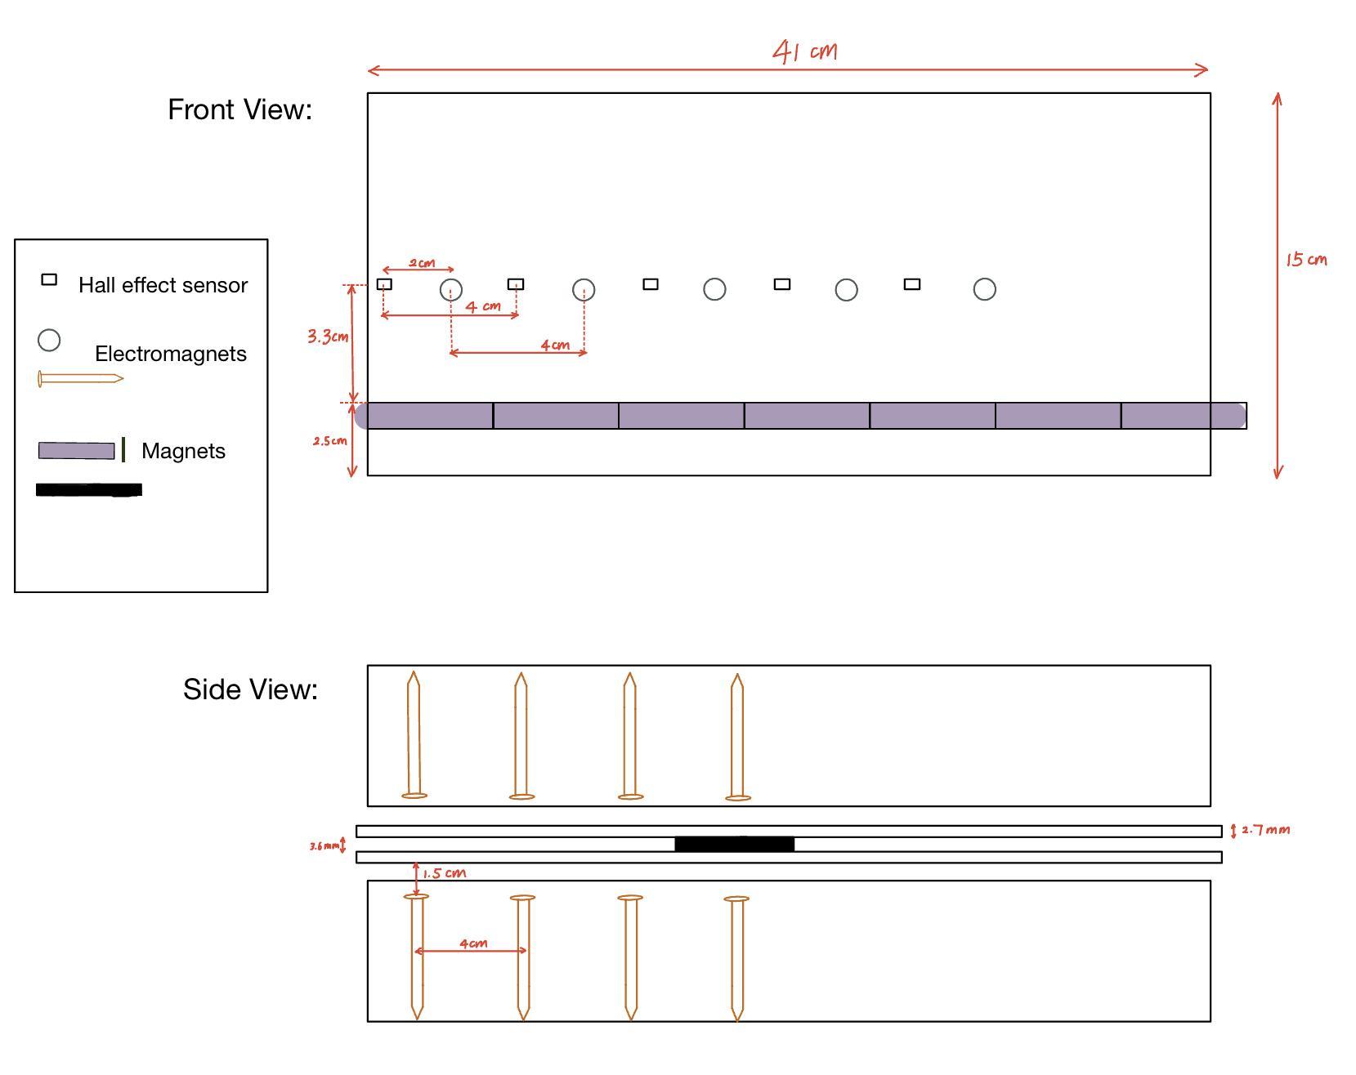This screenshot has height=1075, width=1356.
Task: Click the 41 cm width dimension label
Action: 805,51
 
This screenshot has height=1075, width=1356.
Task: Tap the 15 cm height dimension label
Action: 1306,260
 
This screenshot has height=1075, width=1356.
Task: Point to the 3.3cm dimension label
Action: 328,337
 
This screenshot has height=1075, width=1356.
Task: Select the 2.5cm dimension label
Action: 329,441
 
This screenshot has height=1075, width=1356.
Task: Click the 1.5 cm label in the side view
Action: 445,873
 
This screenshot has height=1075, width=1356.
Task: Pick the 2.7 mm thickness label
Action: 1265,830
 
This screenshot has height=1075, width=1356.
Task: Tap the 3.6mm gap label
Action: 324,846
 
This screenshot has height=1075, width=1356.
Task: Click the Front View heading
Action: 239,109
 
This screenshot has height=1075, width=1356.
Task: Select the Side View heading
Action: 250,689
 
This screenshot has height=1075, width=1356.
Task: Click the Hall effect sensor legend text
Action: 163,285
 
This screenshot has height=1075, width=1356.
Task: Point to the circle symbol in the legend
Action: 49,340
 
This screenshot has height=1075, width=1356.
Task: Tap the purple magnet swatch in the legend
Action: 76,451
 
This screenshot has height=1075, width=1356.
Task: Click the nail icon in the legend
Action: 80,379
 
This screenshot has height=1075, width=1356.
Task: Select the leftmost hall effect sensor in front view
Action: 384,284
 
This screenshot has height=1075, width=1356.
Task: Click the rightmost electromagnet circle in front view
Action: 984,289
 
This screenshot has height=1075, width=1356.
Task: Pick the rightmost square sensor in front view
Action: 912,284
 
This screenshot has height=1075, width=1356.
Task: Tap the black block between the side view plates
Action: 734,844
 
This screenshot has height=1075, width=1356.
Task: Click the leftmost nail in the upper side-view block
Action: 414,735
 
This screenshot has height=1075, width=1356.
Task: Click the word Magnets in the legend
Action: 183,451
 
